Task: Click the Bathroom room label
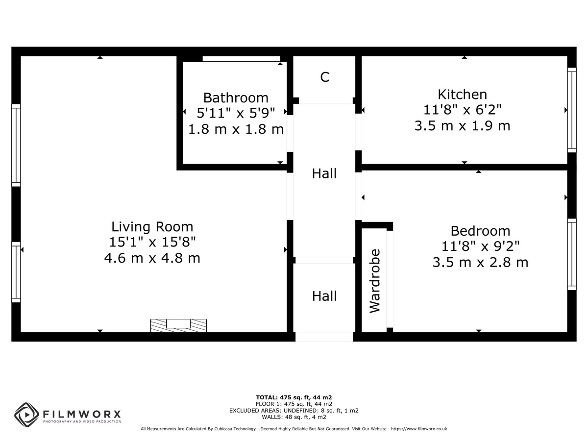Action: (x=236, y=98)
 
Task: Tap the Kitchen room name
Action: (x=462, y=95)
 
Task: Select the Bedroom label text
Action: (x=480, y=231)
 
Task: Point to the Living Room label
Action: (x=152, y=227)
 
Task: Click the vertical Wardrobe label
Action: (x=375, y=281)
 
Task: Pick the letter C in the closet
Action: (x=324, y=77)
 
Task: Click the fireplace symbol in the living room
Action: (x=178, y=325)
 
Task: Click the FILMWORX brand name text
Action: (x=82, y=415)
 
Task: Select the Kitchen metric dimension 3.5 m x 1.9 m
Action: (x=462, y=126)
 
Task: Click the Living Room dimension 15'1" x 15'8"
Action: (x=152, y=243)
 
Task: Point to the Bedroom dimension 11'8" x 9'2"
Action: (x=480, y=246)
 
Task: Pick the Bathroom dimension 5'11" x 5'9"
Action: (x=236, y=113)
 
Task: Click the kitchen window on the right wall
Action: (x=572, y=110)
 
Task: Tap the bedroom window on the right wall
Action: (x=572, y=254)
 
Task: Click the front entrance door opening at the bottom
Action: (x=324, y=337)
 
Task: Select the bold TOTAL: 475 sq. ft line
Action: (x=294, y=397)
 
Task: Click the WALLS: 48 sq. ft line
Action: (x=294, y=417)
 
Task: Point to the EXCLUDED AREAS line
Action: (x=294, y=411)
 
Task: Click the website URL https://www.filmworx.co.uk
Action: (x=419, y=429)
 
